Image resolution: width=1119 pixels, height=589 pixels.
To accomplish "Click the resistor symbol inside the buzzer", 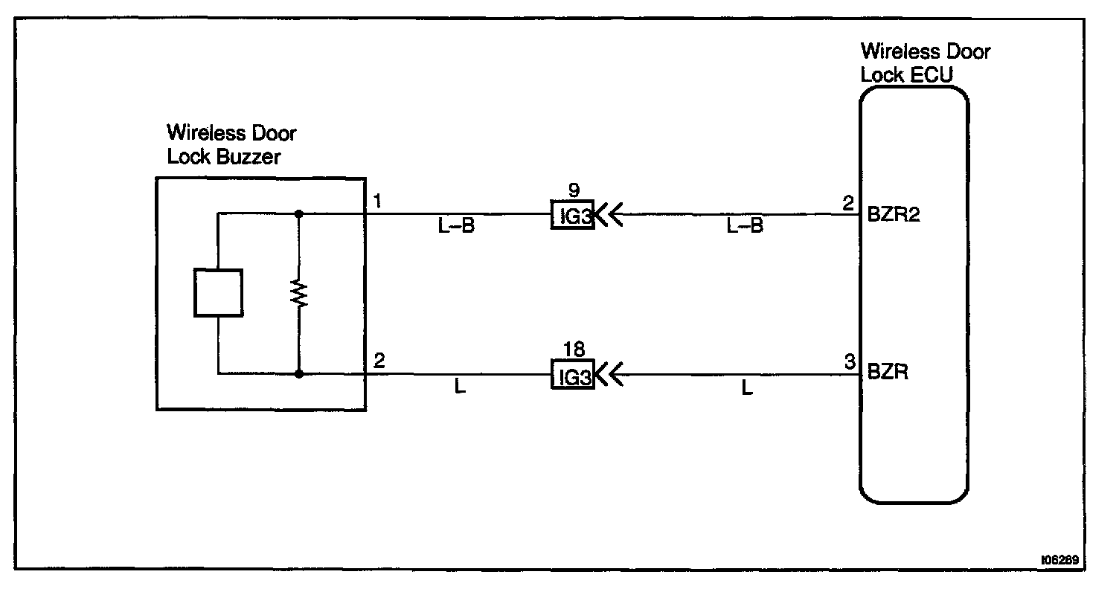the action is pyautogui.click(x=299, y=294).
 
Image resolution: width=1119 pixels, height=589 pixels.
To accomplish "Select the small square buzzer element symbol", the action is pyautogui.click(x=218, y=293).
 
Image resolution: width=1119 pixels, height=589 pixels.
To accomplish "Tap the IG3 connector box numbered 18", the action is pyautogui.click(x=572, y=375).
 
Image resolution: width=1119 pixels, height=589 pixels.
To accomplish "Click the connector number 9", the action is pyautogui.click(x=573, y=191).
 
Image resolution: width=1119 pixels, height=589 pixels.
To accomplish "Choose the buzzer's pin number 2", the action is pyautogui.click(x=379, y=362).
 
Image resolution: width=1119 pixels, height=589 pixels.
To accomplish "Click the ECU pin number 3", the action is pyautogui.click(x=849, y=363).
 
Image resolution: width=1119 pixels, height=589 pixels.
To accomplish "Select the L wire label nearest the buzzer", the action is pyautogui.click(x=460, y=387).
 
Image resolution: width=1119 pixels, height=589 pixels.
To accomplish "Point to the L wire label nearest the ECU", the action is pyautogui.click(x=747, y=387).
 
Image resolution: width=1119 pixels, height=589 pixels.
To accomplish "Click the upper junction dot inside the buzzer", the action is pyautogui.click(x=299, y=214).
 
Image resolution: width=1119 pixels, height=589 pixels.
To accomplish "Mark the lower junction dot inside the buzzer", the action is pyautogui.click(x=299, y=373).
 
